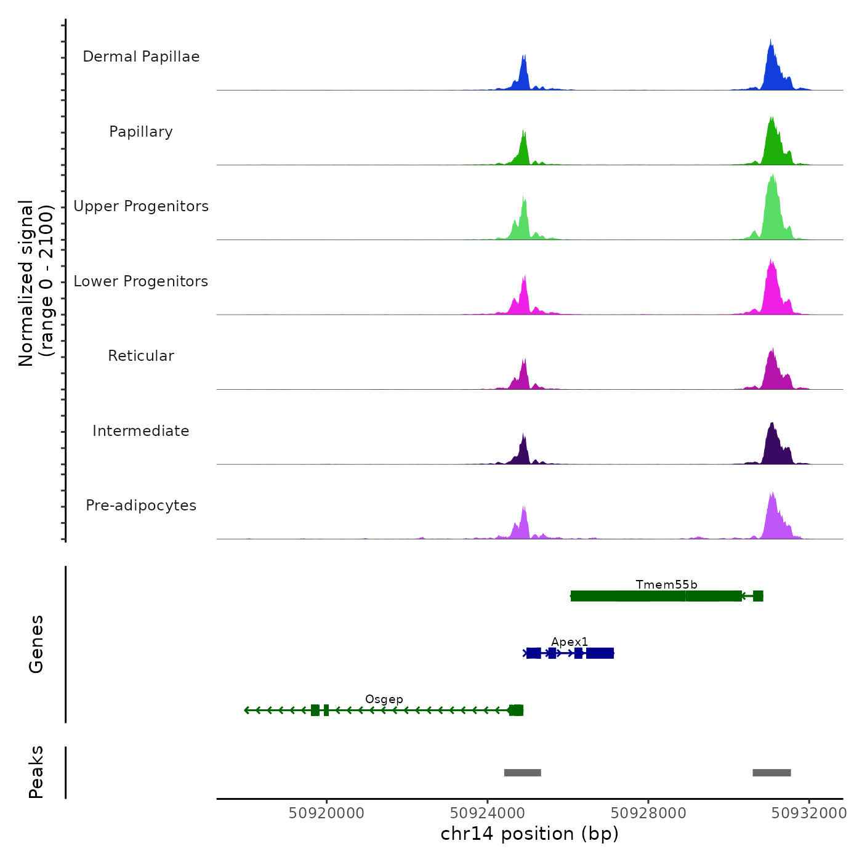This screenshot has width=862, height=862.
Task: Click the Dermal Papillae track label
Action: (x=141, y=57)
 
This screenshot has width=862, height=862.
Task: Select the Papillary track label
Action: (x=141, y=132)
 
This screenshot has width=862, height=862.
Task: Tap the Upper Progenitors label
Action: (x=141, y=206)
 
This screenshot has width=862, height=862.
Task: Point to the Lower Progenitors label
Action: (x=141, y=281)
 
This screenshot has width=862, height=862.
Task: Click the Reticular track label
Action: (x=141, y=356)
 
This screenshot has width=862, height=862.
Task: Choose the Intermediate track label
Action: (x=141, y=431)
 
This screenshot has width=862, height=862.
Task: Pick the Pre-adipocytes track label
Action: (x=141, y=506)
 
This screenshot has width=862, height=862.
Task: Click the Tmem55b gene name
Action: (x=666, y=584)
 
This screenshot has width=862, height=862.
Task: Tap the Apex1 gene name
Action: (x=570, y=642)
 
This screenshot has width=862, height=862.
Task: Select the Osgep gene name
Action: (x=384, y=699)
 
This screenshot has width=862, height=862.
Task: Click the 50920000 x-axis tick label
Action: (x=326, y=813)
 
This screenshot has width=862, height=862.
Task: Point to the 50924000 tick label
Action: (x=488, y=813)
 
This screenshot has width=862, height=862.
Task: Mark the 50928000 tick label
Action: (x=648, y=813)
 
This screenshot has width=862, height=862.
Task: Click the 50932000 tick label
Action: (x=809, y=813)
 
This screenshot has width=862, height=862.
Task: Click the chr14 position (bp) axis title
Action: (x=530, y=834)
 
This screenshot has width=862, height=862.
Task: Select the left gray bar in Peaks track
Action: (x=522, y=773)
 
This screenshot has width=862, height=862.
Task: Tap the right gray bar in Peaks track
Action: (x=771, y=773)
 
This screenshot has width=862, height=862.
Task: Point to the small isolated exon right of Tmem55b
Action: (x=758, y=595)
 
